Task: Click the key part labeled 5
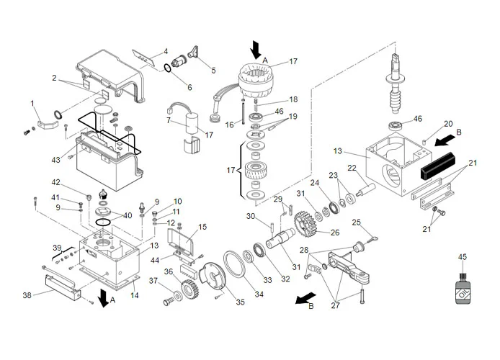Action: pos(194,54)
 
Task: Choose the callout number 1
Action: pos(32,104)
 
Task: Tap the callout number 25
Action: pos(356,222)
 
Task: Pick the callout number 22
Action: pos(352,168)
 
